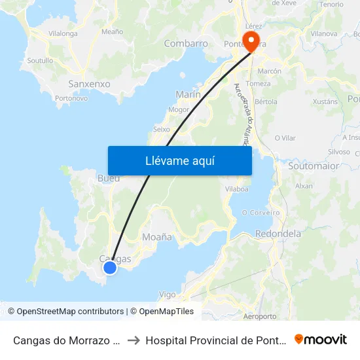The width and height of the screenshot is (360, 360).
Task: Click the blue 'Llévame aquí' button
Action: [180, 160]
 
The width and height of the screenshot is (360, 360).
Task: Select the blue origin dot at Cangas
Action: [110, 267]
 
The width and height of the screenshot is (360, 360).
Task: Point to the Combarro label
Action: [186, 44]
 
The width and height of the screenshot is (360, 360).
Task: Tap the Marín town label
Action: [188, 94]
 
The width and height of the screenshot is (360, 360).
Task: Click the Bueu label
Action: [109, 178]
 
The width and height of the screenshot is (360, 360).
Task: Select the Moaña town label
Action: [157, 237]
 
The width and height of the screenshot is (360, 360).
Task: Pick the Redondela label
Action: [278, 234]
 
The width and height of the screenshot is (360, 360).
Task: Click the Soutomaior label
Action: [314, 166]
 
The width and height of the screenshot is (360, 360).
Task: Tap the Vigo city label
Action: [168, 295]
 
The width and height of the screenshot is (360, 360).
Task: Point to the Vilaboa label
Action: [236, 189]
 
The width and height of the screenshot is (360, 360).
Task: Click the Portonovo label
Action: [71, 98]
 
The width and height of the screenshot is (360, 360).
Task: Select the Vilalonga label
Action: [63, 33]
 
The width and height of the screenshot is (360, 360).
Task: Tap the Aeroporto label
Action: [259, 316]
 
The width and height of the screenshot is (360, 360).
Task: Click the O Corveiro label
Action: [261, 213]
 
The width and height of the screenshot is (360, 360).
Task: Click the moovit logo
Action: [320, 340]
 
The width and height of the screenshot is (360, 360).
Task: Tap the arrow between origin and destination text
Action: [134, 340]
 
